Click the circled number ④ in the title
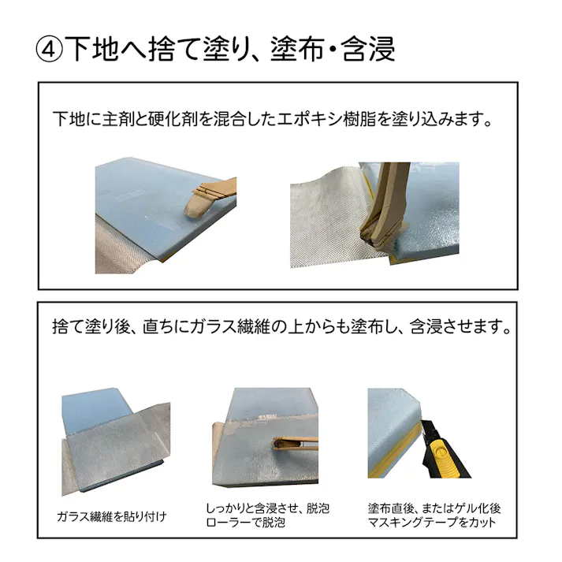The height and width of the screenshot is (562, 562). (48, 48)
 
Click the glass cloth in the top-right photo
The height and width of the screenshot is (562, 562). (323, 217)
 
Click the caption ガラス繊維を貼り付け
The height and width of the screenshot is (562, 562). (112, 516)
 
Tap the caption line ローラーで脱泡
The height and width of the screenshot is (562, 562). (245, 522)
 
